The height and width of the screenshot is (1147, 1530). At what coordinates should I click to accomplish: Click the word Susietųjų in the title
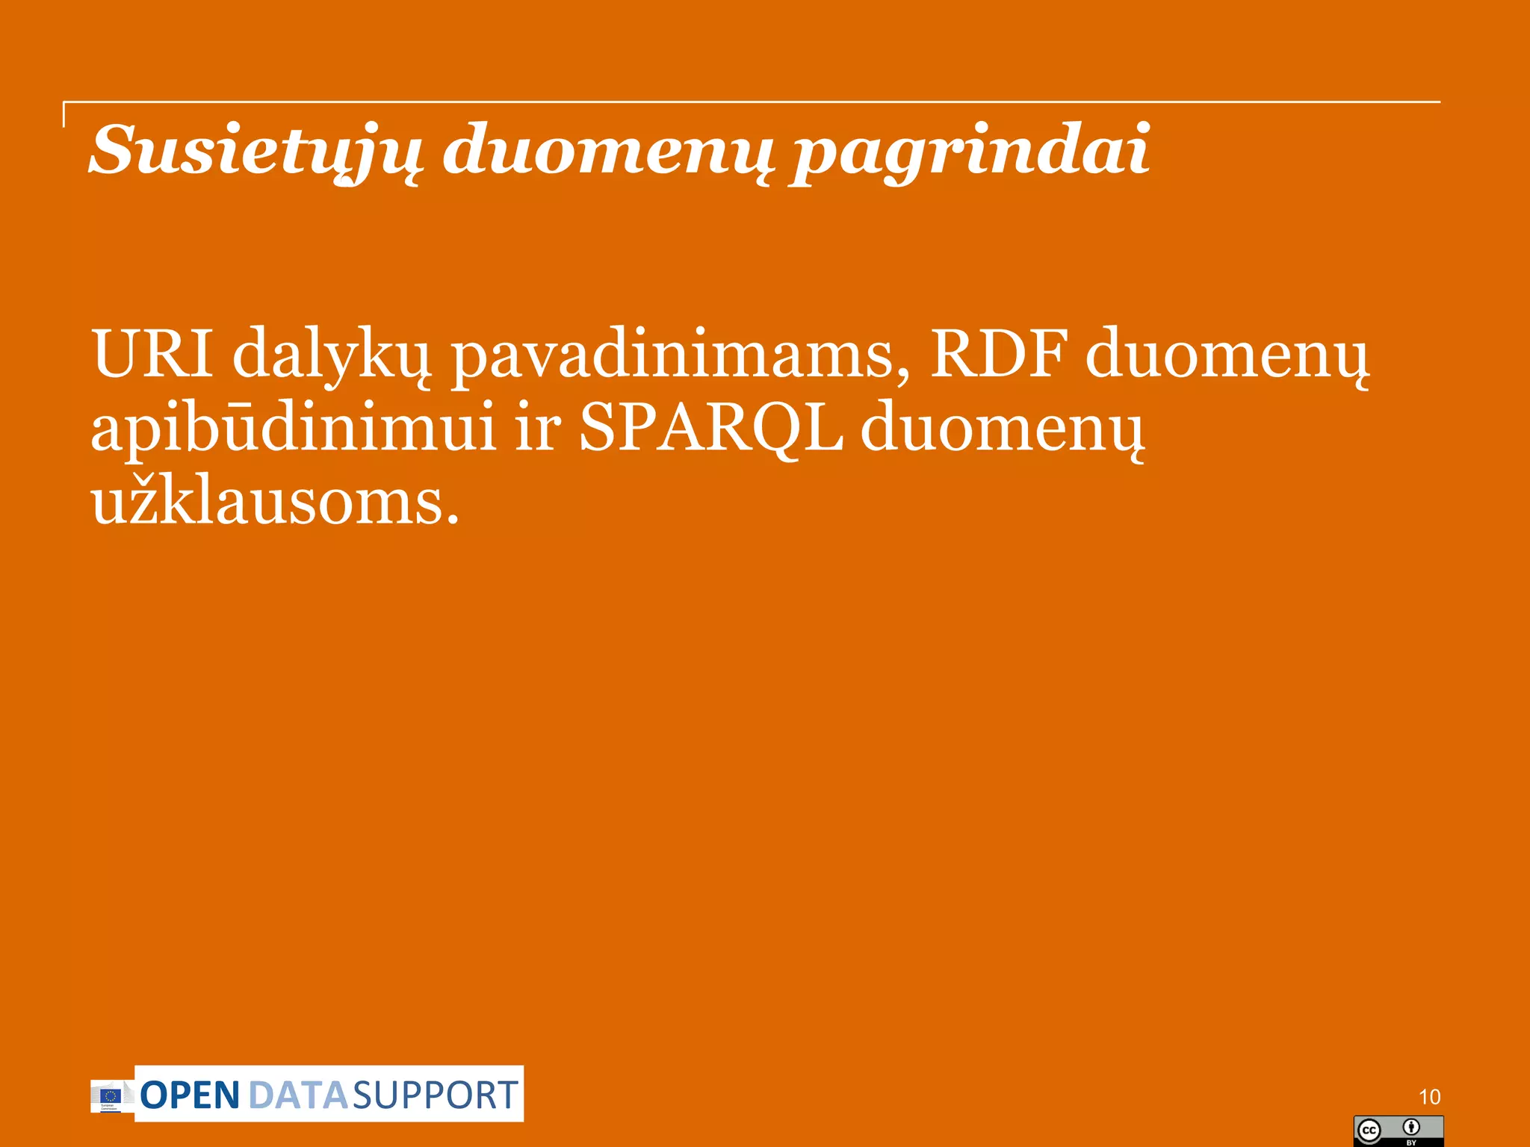click(x=255, y=151)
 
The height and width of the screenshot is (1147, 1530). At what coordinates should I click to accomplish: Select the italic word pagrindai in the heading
click(x=970, y=152)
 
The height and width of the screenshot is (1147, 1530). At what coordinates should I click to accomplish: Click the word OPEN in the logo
click(x=190, y=1095)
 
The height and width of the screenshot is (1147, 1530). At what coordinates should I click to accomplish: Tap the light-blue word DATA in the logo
click(x=297, y=1095)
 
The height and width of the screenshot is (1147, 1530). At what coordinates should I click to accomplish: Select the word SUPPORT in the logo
click(x=435, y=1095)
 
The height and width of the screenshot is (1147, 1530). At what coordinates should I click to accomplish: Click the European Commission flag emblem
click(x=111, y=1095)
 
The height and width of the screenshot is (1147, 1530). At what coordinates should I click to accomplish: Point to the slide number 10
click(x=1429, y=1097)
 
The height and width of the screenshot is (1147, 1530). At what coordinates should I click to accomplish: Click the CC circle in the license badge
click(x=1369, y=1131)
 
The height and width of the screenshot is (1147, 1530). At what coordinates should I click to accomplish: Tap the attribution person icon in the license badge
click(x=1411, y=1127)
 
